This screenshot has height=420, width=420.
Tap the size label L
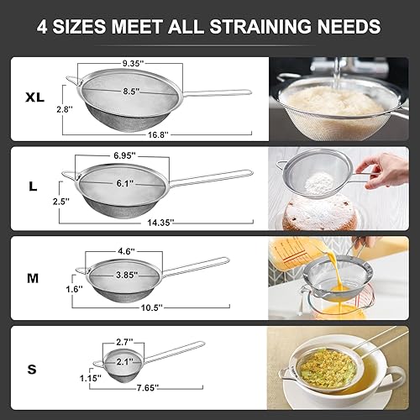(33, 187)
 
